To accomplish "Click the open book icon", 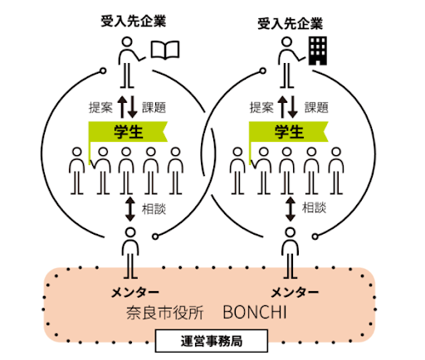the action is pos(165,51).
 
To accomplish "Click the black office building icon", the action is pos(318,51).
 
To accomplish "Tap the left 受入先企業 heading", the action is pos(134,21).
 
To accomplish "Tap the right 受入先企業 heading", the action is pos(291,23).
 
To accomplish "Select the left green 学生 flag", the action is pos(128,132).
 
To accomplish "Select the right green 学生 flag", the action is pos(289,132).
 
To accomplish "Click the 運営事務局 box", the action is pos(212,341).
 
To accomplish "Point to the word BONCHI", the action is pos(255,313).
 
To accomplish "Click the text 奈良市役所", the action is pos(165,313).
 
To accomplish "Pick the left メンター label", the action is pos(135,292).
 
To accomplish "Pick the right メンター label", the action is pos(295,292).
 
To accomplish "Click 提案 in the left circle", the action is pos(100,107).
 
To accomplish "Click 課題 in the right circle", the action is pos(316,107).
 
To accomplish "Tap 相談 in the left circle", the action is pos(154,209).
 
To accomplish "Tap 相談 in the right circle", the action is pos(314,207).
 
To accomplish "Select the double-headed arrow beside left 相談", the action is pos(130,209).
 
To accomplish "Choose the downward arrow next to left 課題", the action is pos(133,107).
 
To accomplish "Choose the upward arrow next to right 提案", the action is pos(282,107).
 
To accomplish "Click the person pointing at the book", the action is pos(129,63).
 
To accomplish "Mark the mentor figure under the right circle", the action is pos(290,253).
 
